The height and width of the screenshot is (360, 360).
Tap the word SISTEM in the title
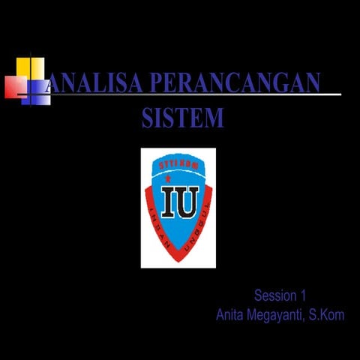(x=182, y=118)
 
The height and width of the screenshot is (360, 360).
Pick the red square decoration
(x=15, y=87)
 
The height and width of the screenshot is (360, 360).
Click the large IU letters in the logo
(x=180, y=201)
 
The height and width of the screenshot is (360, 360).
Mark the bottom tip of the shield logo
(x=178, y=259)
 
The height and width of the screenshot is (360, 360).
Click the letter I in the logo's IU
(x=170, y=201)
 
